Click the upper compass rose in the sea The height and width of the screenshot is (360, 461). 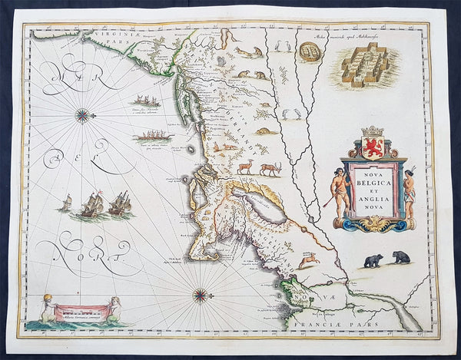(x=82, y=116)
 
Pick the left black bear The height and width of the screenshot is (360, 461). (x=373, y=261)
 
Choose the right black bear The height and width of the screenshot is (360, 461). (x=400, y=257)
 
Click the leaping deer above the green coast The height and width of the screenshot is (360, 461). (x=309, y=261)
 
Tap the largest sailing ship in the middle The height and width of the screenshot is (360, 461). (x=93, y=203)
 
